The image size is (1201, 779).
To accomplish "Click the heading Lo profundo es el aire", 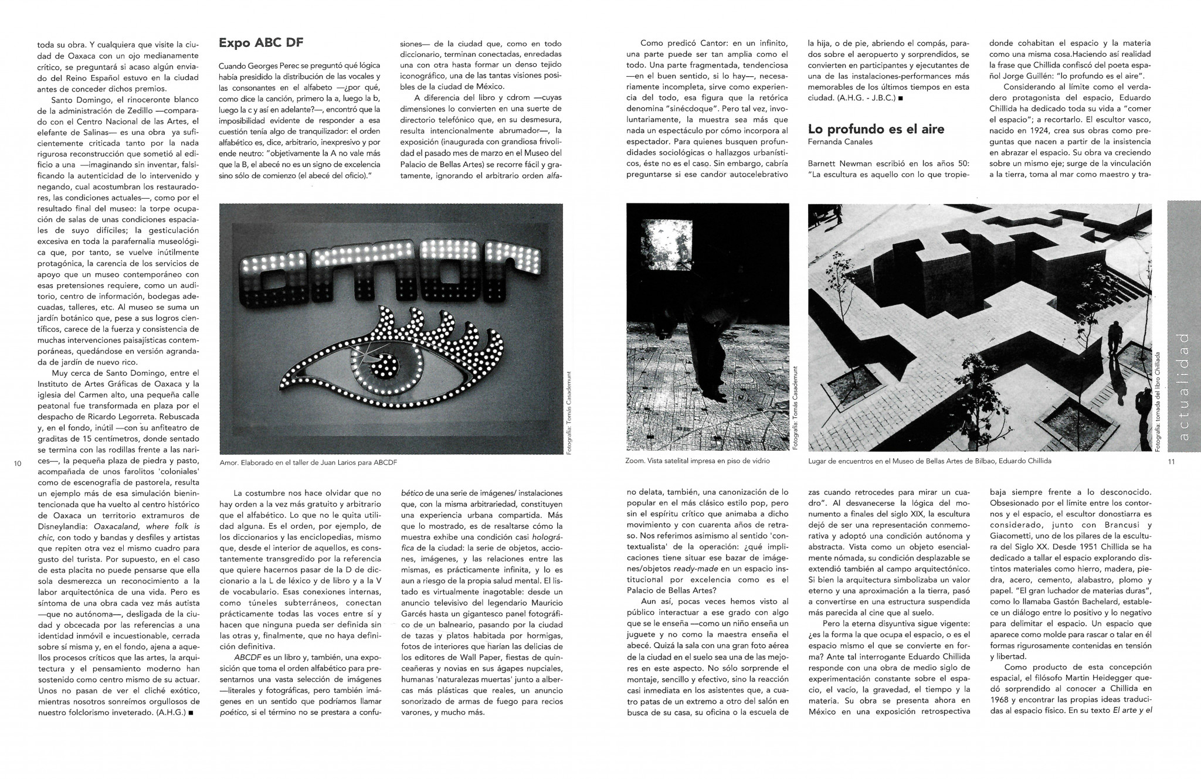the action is tap(876, 129).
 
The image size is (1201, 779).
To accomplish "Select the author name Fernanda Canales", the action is tap(840, 142).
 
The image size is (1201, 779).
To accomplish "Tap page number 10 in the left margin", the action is tap(17, 464).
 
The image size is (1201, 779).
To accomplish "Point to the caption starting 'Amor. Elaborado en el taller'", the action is tap(308, 462).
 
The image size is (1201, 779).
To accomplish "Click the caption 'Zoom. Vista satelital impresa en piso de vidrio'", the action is tap(698, 461).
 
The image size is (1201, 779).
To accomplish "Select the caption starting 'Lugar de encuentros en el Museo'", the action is tap(929, 461).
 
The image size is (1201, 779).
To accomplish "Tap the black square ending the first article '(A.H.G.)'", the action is tap(193, 713).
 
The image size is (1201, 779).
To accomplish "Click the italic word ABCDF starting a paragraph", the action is tap(246, 658).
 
